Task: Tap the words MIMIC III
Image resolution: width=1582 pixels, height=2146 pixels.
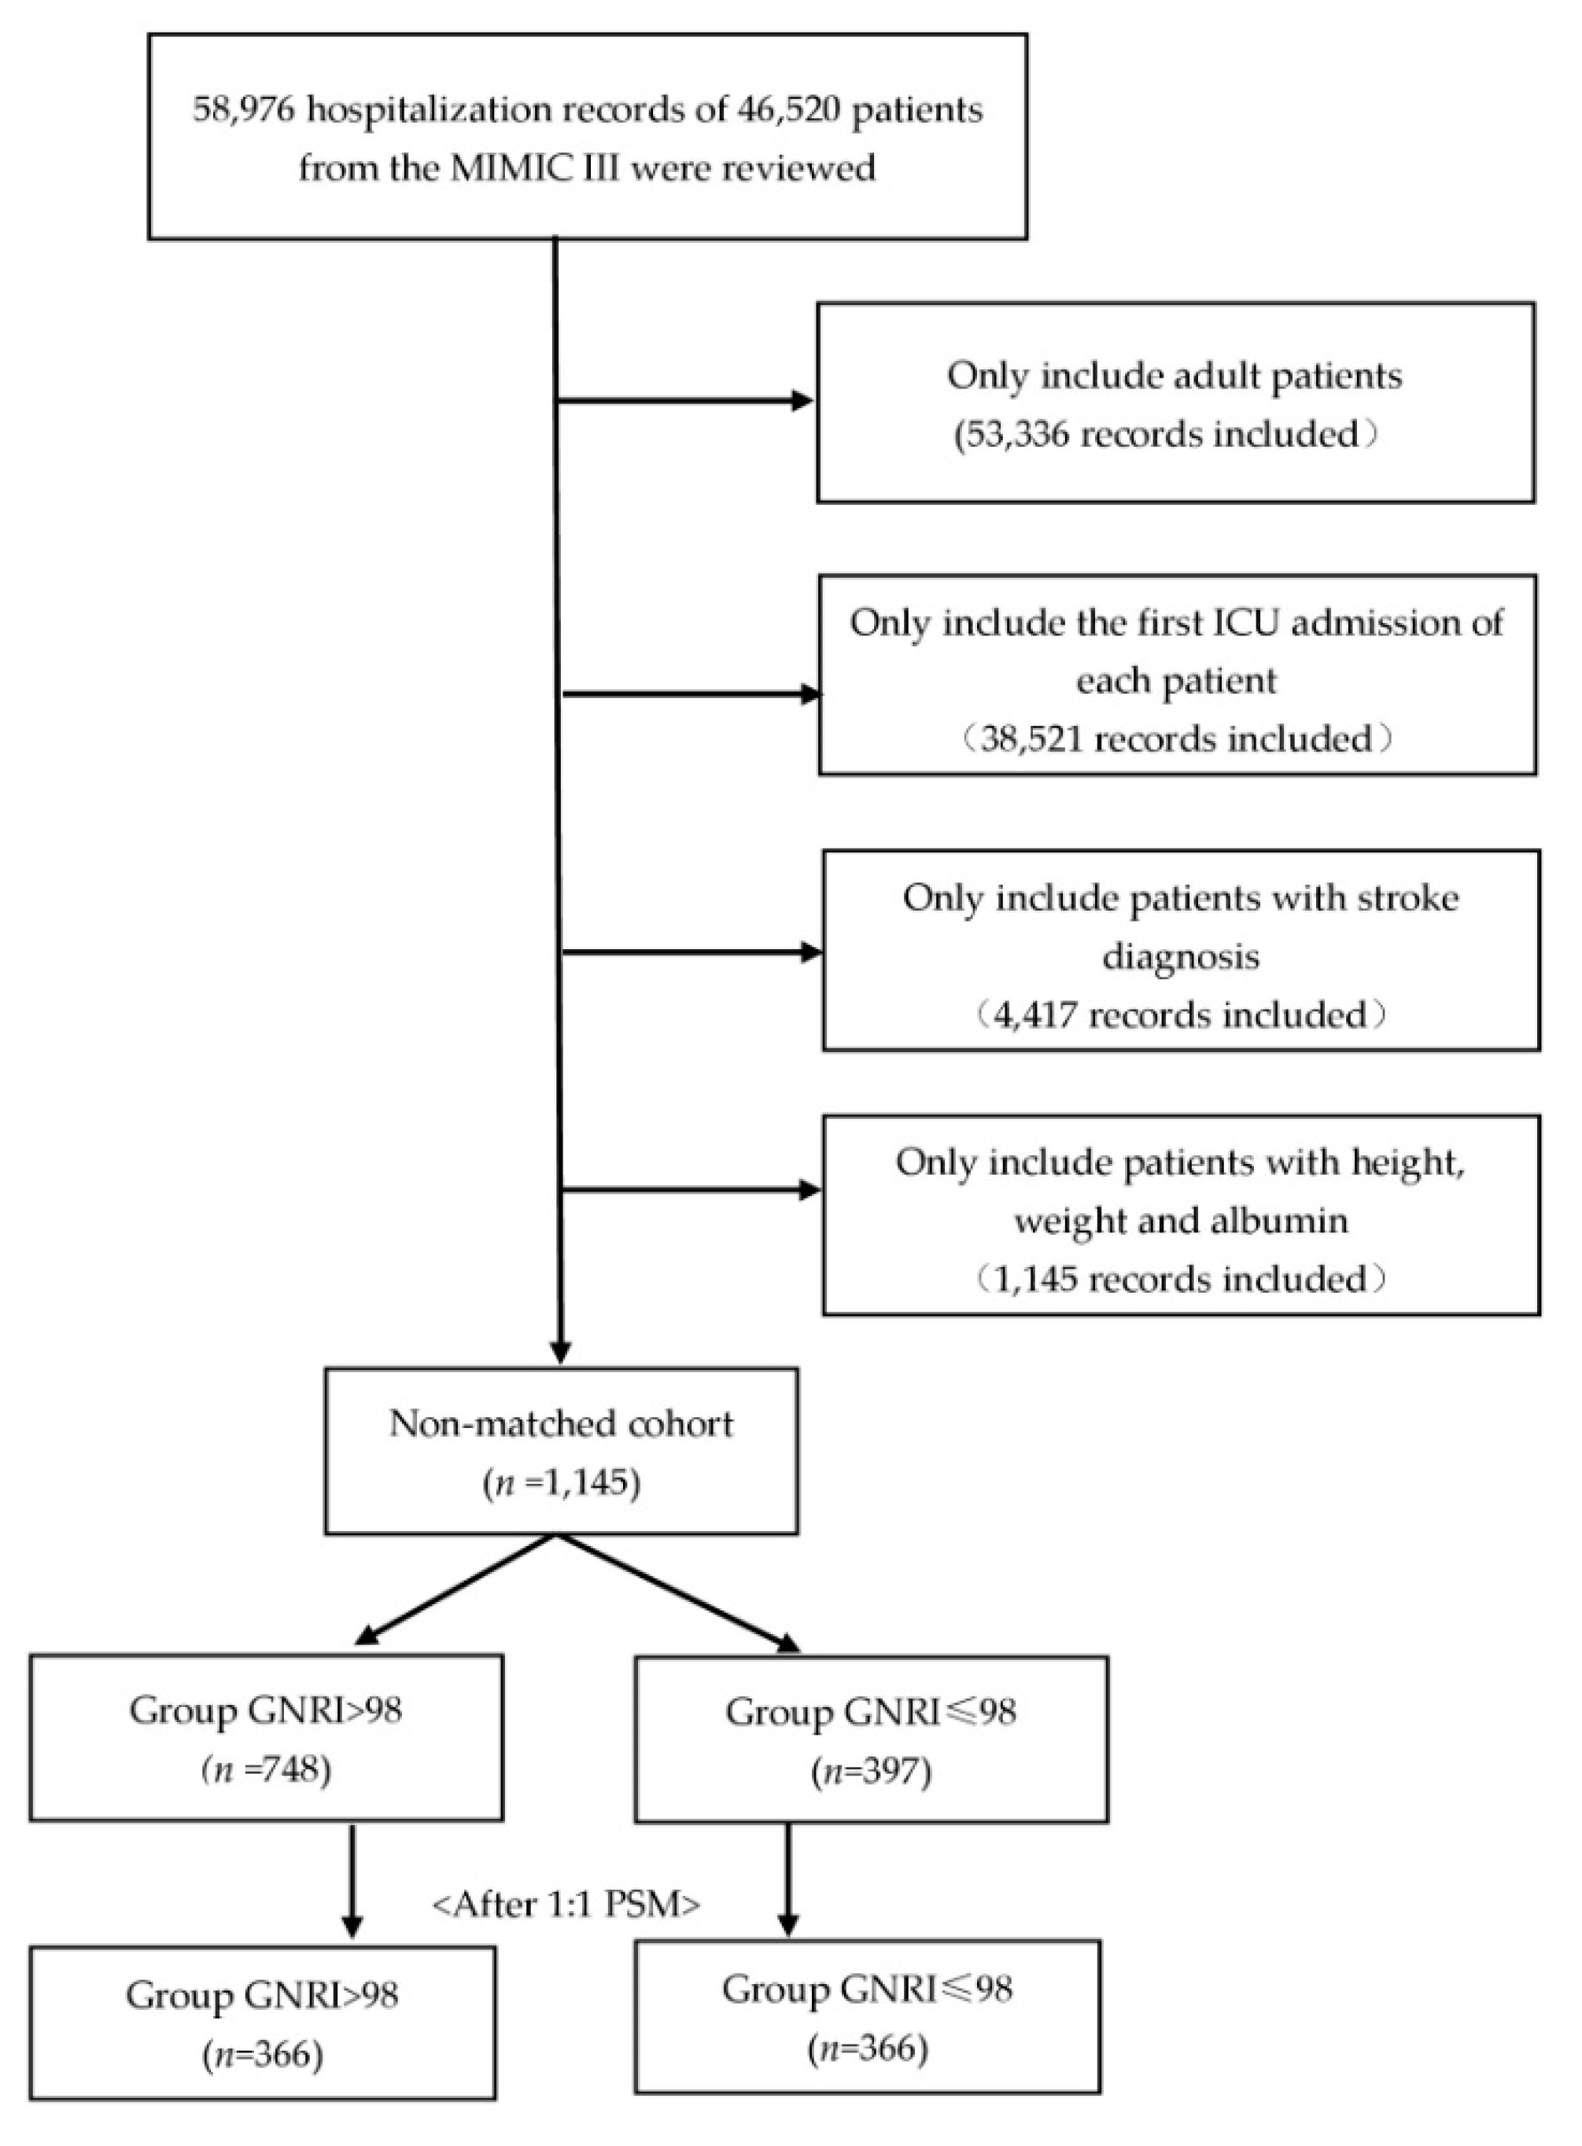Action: [560, 168]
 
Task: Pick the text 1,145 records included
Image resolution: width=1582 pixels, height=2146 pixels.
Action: [1178, 1279]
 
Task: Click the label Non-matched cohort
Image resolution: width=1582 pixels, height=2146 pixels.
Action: [561, 1423]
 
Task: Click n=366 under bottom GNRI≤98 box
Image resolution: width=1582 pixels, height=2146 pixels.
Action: [868, 2048]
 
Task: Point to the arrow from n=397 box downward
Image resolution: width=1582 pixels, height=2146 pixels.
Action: [788, 1877]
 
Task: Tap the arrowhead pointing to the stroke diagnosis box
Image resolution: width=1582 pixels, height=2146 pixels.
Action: [810, 952]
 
